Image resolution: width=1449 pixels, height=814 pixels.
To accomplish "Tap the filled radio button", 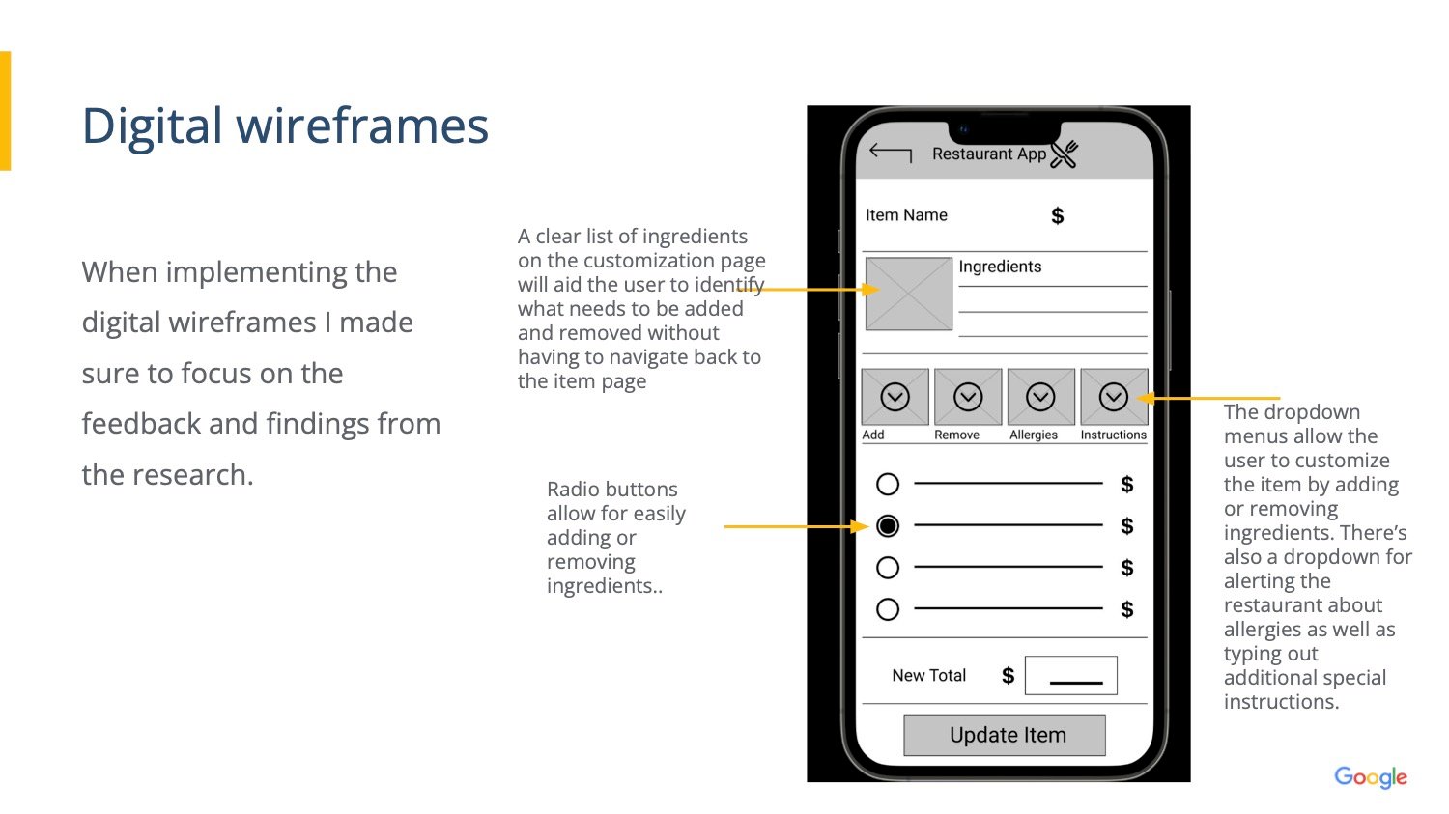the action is coord(888,525).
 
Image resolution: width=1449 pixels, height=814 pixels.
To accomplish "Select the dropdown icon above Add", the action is coord(895,397).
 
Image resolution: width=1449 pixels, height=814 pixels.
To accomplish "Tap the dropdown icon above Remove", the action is coord(968,397).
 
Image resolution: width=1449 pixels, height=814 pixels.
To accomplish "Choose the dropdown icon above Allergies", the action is coord(1040,397).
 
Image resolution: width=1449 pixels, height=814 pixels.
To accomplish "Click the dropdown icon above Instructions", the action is coord(1113,397).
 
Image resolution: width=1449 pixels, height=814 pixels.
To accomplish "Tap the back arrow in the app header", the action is coord(890,154).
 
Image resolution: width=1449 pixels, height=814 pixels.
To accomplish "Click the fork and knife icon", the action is coord(1065,154).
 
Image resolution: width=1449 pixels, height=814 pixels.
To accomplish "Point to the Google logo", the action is coord(1371,776).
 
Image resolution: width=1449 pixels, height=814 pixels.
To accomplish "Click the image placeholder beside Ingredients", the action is coord(909,295).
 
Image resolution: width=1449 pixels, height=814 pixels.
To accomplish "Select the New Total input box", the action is coord(1071,676).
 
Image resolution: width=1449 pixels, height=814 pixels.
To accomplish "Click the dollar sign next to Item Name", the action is coord(1058,215).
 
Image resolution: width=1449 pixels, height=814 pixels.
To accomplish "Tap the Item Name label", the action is coord(906,214).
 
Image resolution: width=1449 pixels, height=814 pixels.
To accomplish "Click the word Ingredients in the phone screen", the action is coord(1000,267).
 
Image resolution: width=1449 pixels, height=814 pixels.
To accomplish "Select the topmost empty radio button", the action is coord(888,484).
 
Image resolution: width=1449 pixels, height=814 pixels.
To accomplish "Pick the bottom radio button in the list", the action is coord(888,609).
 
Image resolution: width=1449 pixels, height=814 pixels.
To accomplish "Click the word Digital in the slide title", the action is coord(152,126).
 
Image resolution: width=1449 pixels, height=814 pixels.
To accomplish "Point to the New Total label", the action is coord(929,676).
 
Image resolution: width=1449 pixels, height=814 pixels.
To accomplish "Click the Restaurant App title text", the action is coord(989,154).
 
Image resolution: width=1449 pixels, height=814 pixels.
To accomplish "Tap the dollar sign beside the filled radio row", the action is coord(1127,525).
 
